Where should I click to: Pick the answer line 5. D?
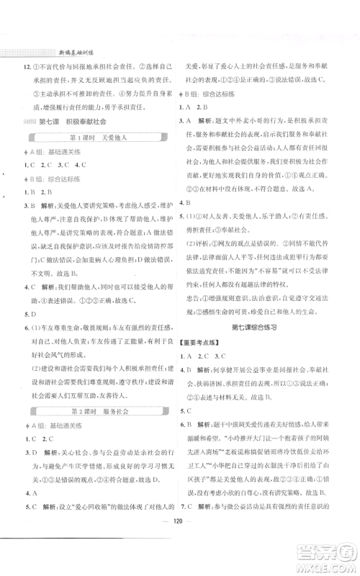[x=29, y=314]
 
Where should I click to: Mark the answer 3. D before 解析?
[x=28, y=454]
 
